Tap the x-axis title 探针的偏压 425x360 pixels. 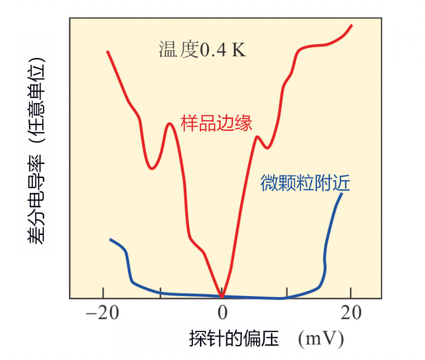[233, 339]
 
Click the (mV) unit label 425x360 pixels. [321, 339]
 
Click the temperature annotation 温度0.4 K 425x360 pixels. [202, 50]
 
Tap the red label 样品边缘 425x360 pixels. [217, 122]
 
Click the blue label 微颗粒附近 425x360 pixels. [305, 184]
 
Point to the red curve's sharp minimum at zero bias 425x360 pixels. [221, 295]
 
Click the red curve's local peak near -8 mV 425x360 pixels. [169, 124]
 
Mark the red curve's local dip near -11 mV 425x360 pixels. [152, 169]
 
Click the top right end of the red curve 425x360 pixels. [352, 25]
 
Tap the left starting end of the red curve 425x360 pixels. [107, 51]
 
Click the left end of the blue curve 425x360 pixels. [110, 239]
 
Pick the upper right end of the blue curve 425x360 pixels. [342, 193]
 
